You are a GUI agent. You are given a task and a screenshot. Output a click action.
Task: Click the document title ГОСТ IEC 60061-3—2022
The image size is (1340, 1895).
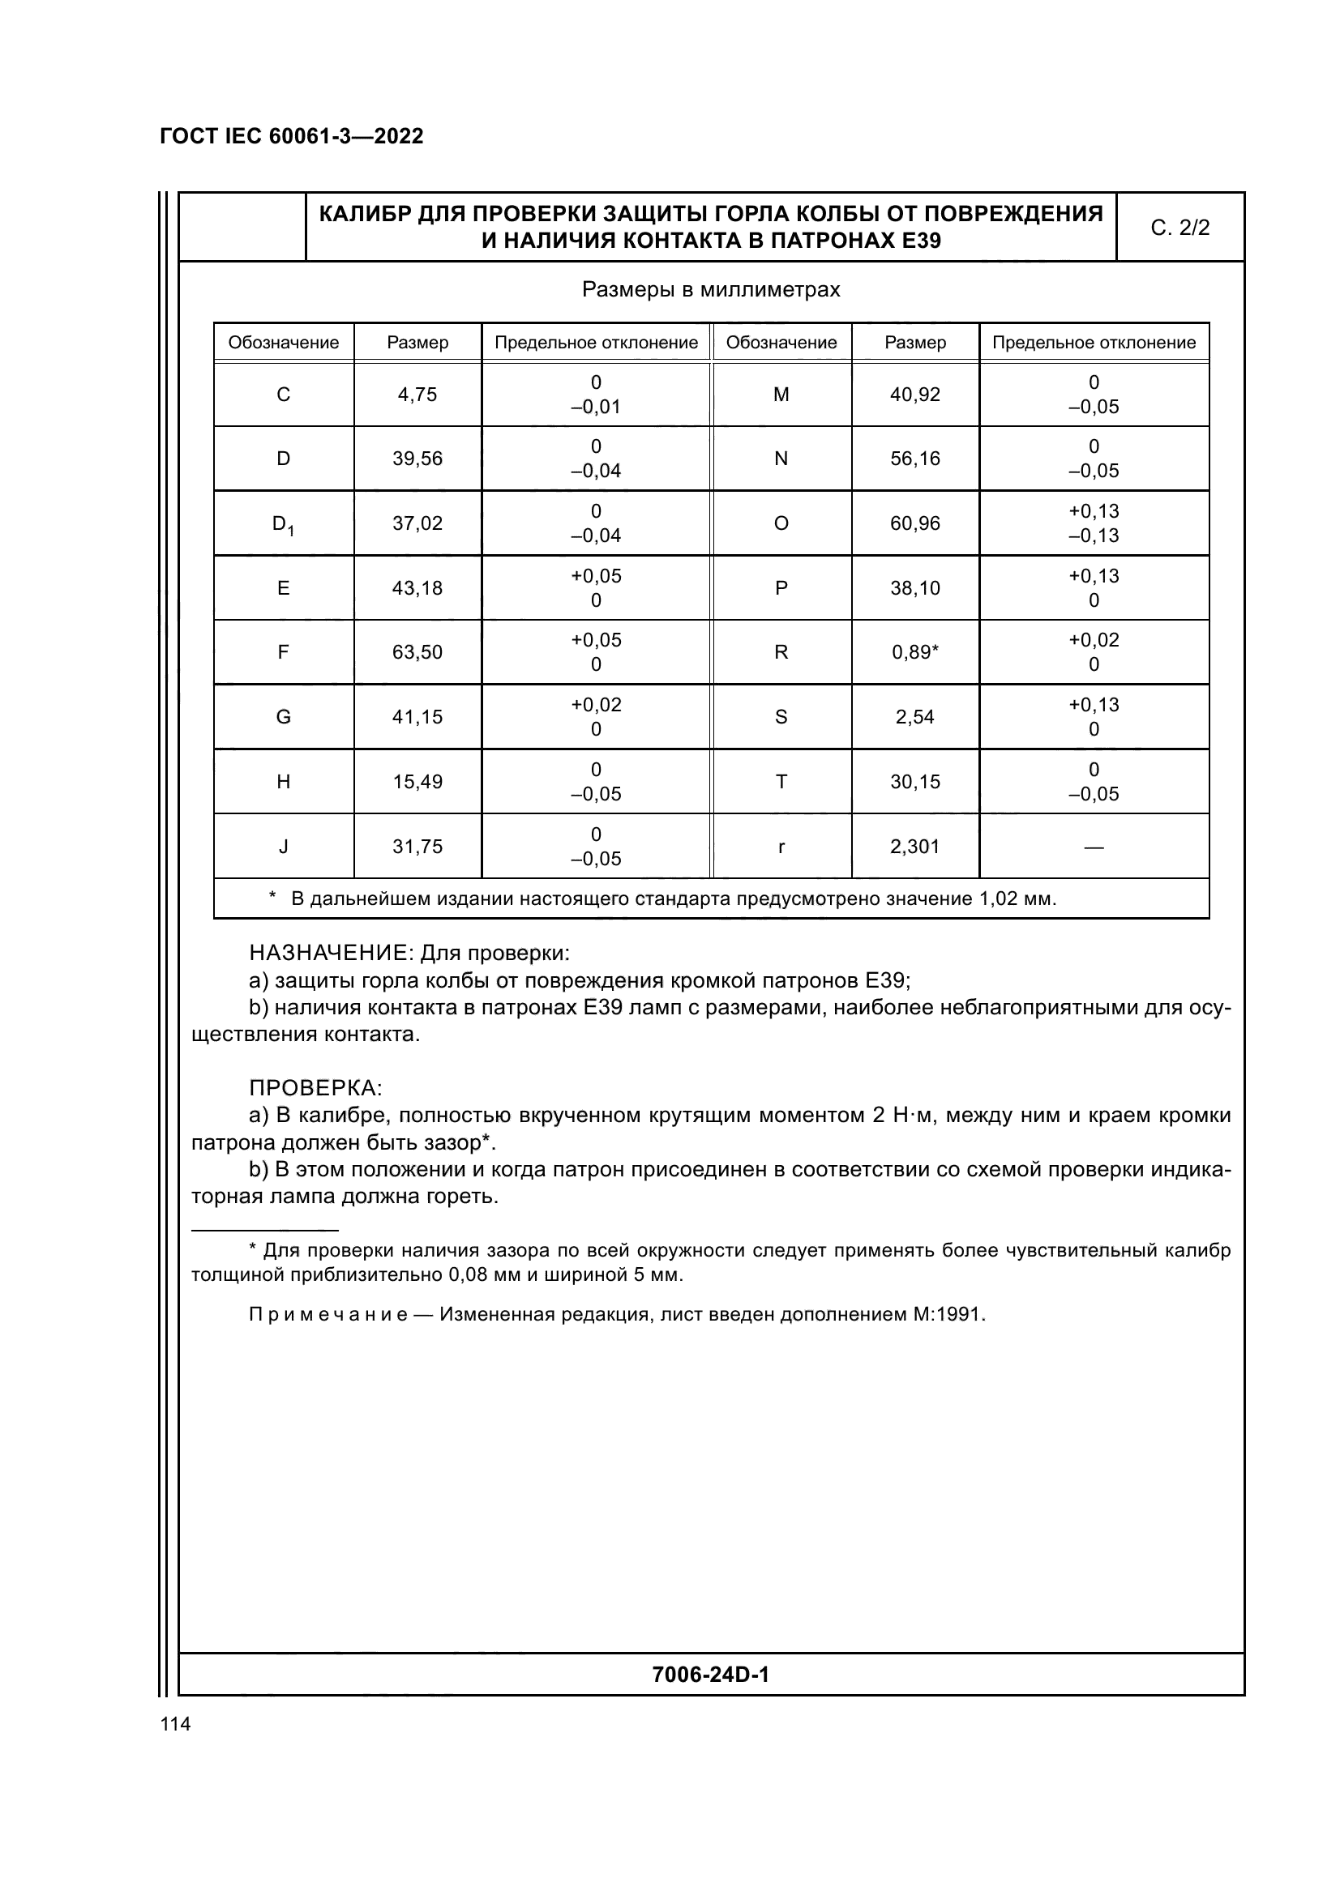pyautogui.click(x=292, y=136)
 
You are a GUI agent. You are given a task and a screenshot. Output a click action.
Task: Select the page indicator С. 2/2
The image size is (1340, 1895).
pyautogui.click(x=1179, y=228)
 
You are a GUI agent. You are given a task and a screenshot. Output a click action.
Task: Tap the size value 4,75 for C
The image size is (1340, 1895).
pyautogui.click(x=417, y=395)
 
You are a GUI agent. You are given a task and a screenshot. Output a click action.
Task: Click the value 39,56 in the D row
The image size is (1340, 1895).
pyautogui.click(x=417, y=459)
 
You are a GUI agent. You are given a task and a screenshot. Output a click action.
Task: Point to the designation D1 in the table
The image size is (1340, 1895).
pyautogui.click(x=283, y=524)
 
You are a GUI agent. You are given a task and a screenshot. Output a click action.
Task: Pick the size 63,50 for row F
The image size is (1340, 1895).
pyautogui.click(x=417, y=652)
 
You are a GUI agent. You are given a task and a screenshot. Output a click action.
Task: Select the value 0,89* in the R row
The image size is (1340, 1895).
pyautogui.click(x=914, y=652)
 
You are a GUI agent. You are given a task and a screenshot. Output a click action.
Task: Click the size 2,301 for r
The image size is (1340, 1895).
pyautogui.click(x=914, y=846)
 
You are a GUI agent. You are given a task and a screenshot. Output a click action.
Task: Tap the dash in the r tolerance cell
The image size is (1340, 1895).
pyautogui.click(x=1093, y=847)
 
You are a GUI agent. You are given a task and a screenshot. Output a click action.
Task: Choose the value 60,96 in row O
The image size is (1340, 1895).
pyautogui.click(x=914, y=523)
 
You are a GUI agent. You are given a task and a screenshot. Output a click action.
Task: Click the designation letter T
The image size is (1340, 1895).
pyautogui.click(x=781, y=782)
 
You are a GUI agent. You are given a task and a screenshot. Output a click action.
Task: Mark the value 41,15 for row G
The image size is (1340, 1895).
pyautogui.click(x=417, y=716)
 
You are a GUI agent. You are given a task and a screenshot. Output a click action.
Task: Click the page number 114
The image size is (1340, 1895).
pyautogui.click(x=175, y=1723)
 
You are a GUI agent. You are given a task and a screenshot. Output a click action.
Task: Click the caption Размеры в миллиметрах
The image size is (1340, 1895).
pyautogui.click(x=711, y=290)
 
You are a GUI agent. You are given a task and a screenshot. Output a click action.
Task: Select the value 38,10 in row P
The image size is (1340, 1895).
pyautogui.click(x=914, y=587)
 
